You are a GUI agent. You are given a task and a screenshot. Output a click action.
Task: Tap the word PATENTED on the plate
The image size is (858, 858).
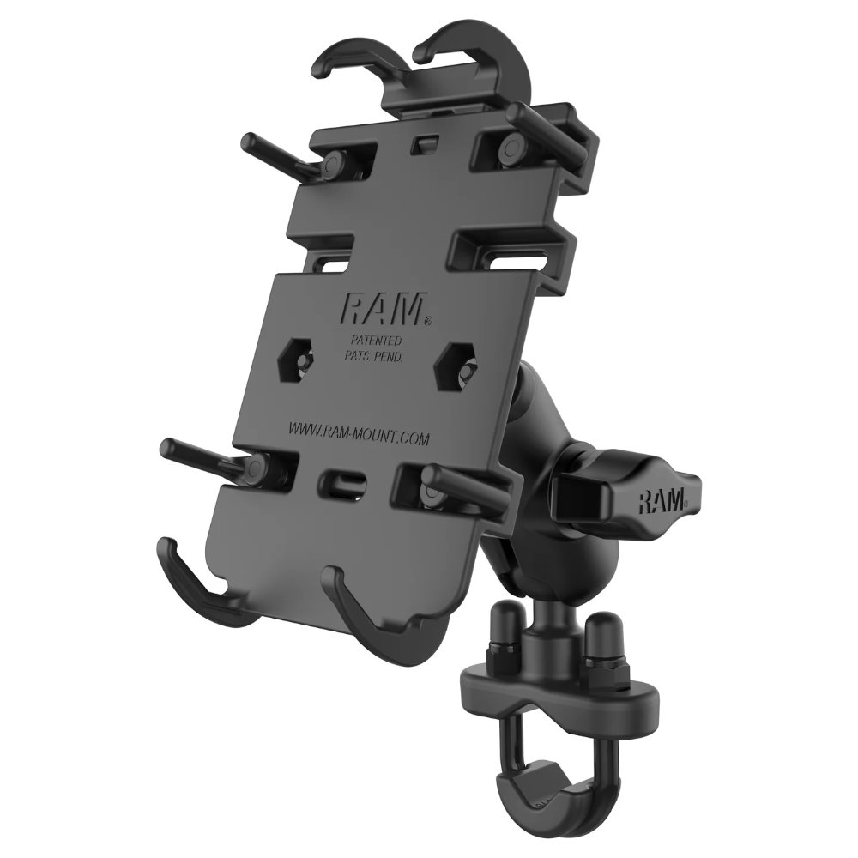click(x=377, y=340)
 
